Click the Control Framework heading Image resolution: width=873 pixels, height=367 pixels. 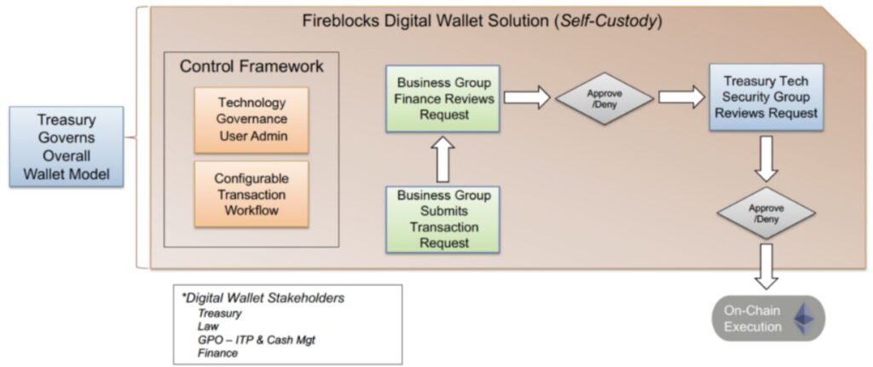tap(251, 66)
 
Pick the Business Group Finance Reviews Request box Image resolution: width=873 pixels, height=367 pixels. tap(442, 98)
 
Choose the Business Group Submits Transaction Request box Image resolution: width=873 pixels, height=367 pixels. tap(442, 218)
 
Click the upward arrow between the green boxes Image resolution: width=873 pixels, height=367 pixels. tap(442, 160)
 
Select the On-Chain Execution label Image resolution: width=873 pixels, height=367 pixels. tap(754, 318)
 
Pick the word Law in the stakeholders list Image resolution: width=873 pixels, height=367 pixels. tap(207, 327)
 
